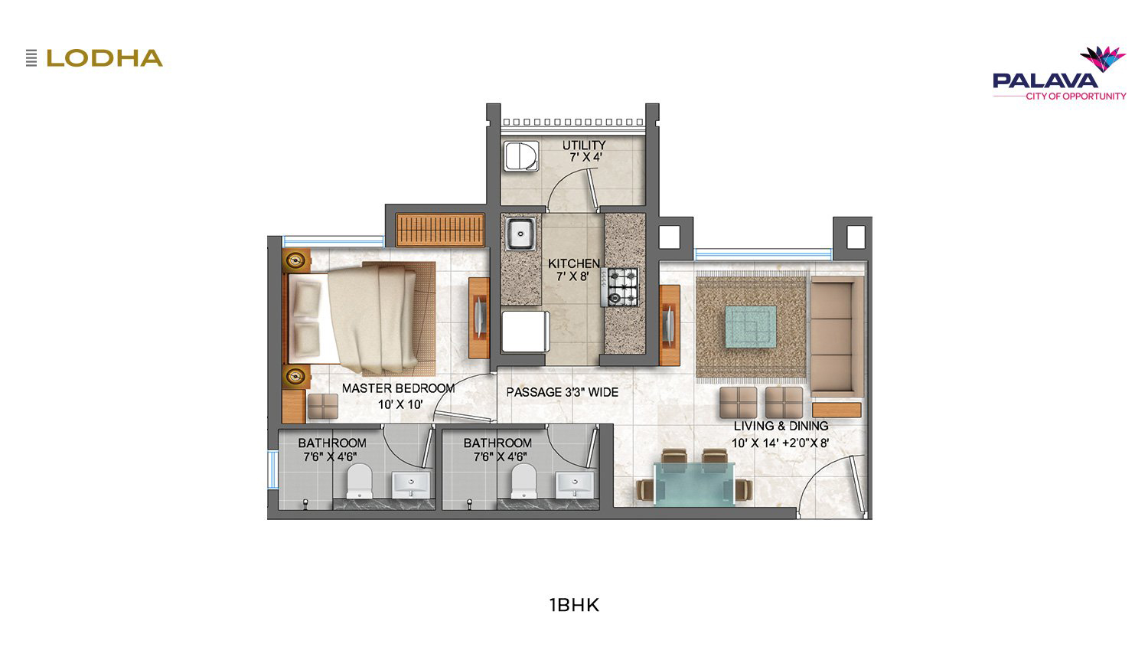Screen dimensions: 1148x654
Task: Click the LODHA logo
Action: pos(94,58)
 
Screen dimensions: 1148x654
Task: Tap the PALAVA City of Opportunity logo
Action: pos(1059,74)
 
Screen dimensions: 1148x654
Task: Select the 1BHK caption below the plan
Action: pos(574,605)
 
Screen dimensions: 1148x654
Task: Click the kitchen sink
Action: pos(520,234)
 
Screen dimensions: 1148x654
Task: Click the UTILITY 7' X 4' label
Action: pos(584,151)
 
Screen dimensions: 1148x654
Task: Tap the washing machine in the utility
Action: pos(521,156)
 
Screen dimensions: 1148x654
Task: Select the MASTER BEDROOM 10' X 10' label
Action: pos(399,396)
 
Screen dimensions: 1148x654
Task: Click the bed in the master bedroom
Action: pos(359,318)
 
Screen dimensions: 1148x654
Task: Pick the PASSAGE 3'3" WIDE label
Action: pos(563,392)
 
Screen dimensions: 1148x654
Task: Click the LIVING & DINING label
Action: pos(781,426)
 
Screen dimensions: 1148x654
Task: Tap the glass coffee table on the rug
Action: pos(750,326)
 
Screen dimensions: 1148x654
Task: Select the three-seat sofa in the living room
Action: pos(837,336)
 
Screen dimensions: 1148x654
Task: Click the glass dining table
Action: pos(694,484)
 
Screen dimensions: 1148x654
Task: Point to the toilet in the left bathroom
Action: pos(359,481)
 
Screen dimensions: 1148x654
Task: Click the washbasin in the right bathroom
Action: pos(575,485)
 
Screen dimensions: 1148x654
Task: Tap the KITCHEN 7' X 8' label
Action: pos(573,270)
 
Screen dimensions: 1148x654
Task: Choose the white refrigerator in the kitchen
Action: pos(525,331)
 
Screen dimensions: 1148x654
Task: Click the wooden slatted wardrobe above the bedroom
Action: pos(440,229)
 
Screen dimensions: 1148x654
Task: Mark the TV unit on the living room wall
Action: pos(670,325)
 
